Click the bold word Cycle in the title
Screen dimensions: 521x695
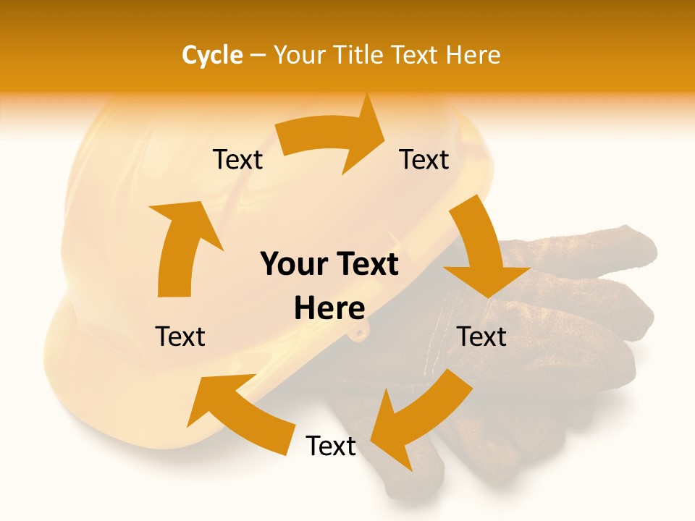212,55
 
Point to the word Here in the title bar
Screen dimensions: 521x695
471,55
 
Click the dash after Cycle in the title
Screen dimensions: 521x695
258,56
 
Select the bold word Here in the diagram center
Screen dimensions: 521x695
329,308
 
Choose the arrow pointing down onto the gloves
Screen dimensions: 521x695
481,253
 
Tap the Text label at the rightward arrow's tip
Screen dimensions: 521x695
424,159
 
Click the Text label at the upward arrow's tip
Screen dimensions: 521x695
238,159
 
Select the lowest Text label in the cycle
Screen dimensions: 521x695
331,446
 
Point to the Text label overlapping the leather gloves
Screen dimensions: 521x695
482,336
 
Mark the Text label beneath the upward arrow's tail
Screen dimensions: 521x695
181,336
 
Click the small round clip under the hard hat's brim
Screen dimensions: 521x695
359,332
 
